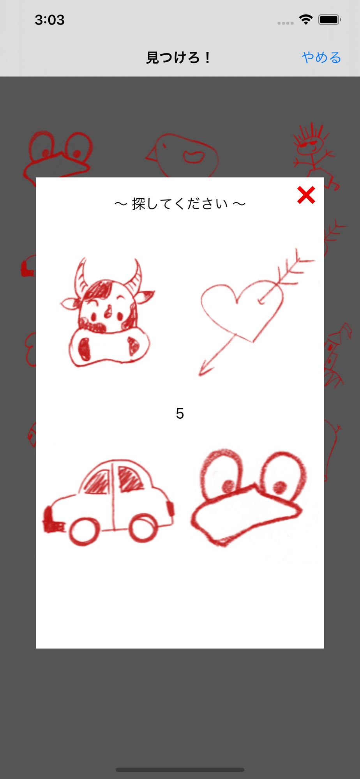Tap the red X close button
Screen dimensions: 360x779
(306, 195)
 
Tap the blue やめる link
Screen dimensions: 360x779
(321, 58)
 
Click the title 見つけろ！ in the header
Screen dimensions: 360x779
(179, 58)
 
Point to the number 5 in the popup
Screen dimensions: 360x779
(180, 413)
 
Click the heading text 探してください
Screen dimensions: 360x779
(180, 204)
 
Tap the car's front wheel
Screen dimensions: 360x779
(84, 531)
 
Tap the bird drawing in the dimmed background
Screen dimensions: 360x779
(183, 156)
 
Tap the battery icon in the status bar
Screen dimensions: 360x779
(330, 19)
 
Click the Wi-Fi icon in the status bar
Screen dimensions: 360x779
(306, 19)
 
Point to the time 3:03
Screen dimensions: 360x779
(49, 20)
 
